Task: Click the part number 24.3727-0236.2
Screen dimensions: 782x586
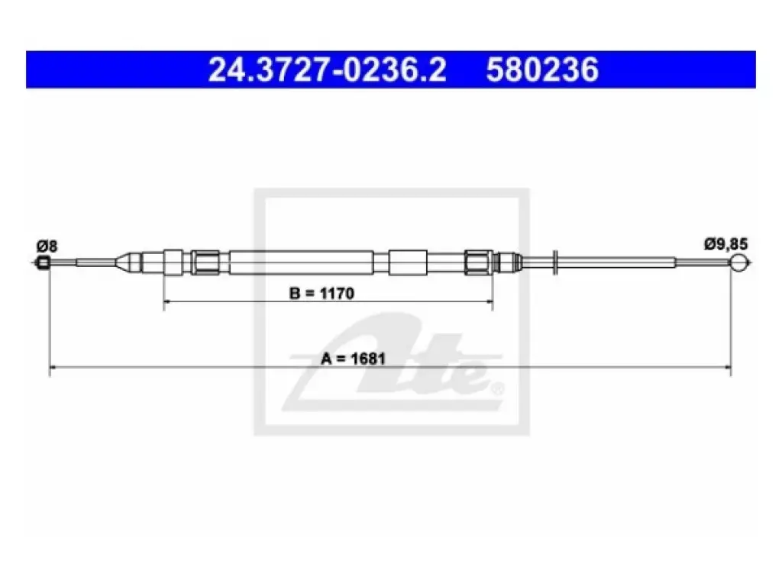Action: click(x=327, y=69)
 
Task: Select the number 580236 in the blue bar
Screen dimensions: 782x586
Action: click(x=542, y=69)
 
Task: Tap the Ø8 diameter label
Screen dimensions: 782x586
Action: click(x=47, y=246)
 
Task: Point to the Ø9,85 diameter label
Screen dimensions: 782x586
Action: click(x=725, y=245)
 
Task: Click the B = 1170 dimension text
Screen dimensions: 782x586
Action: click(x=322, y=294)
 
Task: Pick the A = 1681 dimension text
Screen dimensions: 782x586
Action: click(x=353, y=359)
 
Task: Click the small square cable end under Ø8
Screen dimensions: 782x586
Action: click(x=44, y=262)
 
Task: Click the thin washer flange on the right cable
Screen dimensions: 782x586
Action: click(x=554, y=262)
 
